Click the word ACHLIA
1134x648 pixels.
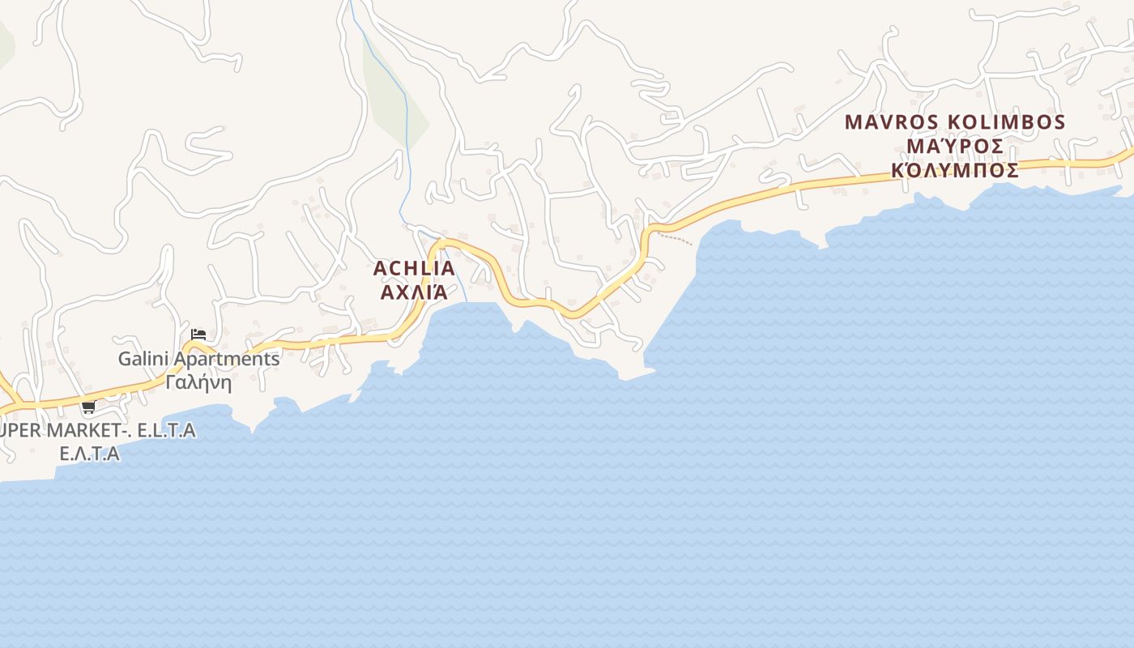click(414, 268)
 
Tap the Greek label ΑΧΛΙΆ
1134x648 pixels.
click(414, 292)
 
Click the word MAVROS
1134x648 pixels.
click(892, 122)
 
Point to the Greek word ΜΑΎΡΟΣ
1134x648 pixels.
click(955, 147)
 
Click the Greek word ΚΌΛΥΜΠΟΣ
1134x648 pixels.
click(955, 171)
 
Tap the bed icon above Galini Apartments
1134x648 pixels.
click(198, 334)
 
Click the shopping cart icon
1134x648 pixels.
click(88, 407)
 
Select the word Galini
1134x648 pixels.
click(144, 359)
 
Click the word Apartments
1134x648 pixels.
click(227, 359)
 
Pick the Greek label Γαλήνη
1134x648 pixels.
click(198, 382)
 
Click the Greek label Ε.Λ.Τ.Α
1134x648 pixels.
click(89, 454)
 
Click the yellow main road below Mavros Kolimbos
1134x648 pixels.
click(932, 173)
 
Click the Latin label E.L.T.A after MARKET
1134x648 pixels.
click(166, 430)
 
